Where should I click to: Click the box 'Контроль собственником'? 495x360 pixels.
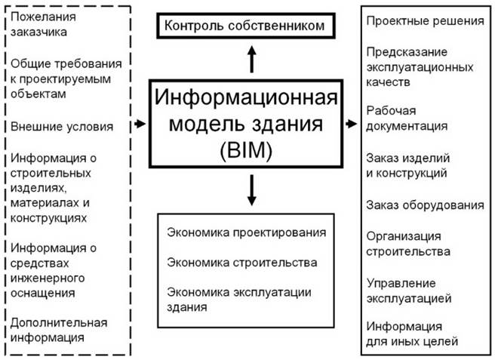click(245, 26)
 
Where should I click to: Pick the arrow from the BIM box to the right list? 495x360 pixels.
click(351, 122)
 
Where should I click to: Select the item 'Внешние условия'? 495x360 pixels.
click(62, 126)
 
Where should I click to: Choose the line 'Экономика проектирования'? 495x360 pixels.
click(247, 232)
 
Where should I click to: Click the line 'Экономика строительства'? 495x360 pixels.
click(241, 262)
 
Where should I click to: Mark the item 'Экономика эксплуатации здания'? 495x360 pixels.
click(239, 300)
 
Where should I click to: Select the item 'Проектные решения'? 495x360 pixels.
click(425, 20)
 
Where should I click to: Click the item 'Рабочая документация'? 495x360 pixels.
click(407, 118)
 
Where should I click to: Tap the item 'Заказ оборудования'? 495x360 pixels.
click(425, 205)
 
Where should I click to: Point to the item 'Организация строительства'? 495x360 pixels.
click(409, 243)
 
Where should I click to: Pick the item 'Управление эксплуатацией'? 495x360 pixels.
click(409, 291)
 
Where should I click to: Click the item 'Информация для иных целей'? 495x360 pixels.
click(412, 334)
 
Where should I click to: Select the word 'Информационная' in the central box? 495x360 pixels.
click(251, 97)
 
